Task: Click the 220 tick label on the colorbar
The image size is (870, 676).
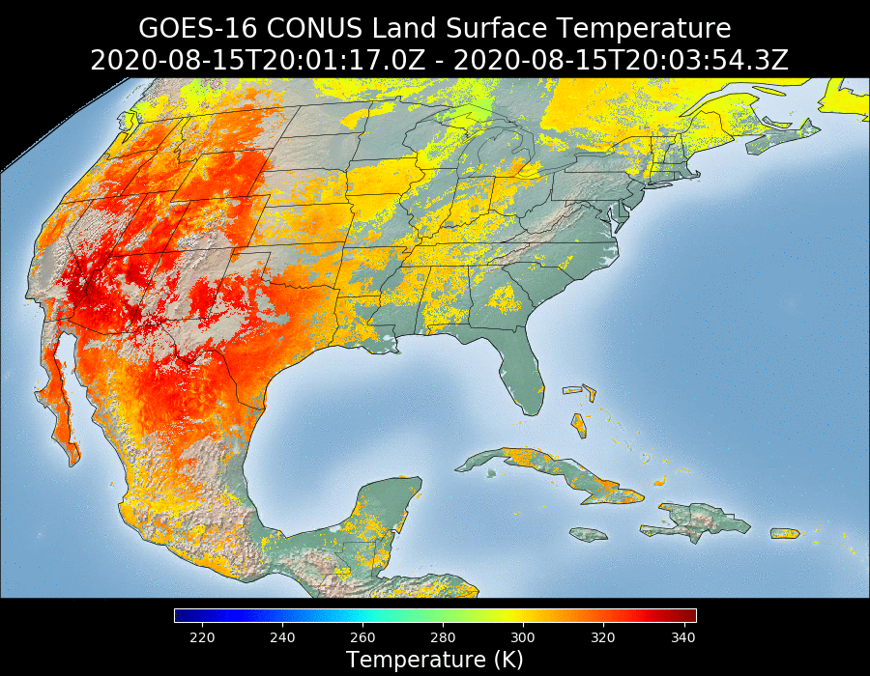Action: pyautogui.click(x=202, y=637)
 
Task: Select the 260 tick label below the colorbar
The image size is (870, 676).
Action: pyautogui.click(x=362, y=637)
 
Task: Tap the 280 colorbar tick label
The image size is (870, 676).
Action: pyautogui.click(x=443, y=637)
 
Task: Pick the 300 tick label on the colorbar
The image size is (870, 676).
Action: pyautogui.click(x=523, y=637)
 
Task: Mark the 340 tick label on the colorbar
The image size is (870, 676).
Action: pyautogui.click(x=682, y=637)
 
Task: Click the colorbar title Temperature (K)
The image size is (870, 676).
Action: pyautogui.click(x=435, y=660)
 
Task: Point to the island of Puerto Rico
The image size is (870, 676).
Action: pyautogui.click(x=784, y=533)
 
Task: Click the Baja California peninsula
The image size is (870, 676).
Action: pyautogui.click(x=58, y=406)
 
